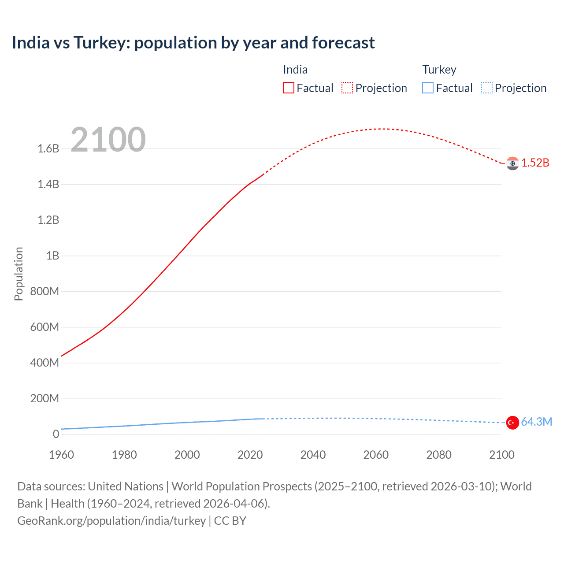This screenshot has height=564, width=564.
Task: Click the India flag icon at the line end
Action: tap(512, 163)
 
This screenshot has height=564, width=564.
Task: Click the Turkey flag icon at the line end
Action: tap(512, 423)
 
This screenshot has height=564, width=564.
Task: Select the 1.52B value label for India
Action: tap(535, 163)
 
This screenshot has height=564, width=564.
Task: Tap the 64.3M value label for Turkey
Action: tap(536, 422)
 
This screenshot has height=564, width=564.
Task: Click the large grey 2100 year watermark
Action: tap(108, 140)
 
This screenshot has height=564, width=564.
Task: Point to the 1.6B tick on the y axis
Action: tap(48, 148)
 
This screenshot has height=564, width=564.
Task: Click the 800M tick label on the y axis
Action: tap(45, 291)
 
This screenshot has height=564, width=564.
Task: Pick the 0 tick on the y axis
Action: tap(56, 434)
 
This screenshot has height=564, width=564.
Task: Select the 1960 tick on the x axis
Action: tap(61, 455)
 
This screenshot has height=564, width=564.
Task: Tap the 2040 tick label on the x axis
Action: tap(313, 455)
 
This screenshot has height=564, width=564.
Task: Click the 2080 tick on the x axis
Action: tap(439, 455)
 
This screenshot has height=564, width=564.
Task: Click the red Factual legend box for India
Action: tap(289, 88)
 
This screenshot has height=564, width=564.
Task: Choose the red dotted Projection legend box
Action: tap(347, 88)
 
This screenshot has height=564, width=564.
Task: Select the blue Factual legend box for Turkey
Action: tap(428, 88)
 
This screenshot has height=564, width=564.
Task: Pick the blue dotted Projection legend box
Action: tap(487, 88)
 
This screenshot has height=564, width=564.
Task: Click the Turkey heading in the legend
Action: tap(439, 70)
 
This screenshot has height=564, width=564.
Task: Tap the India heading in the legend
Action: tap(295, 70)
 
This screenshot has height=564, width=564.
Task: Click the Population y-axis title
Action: tap(19, 274)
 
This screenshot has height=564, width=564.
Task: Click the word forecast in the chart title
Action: tap(343, 43)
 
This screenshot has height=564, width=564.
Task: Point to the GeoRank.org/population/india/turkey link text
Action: tap(111, 521)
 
